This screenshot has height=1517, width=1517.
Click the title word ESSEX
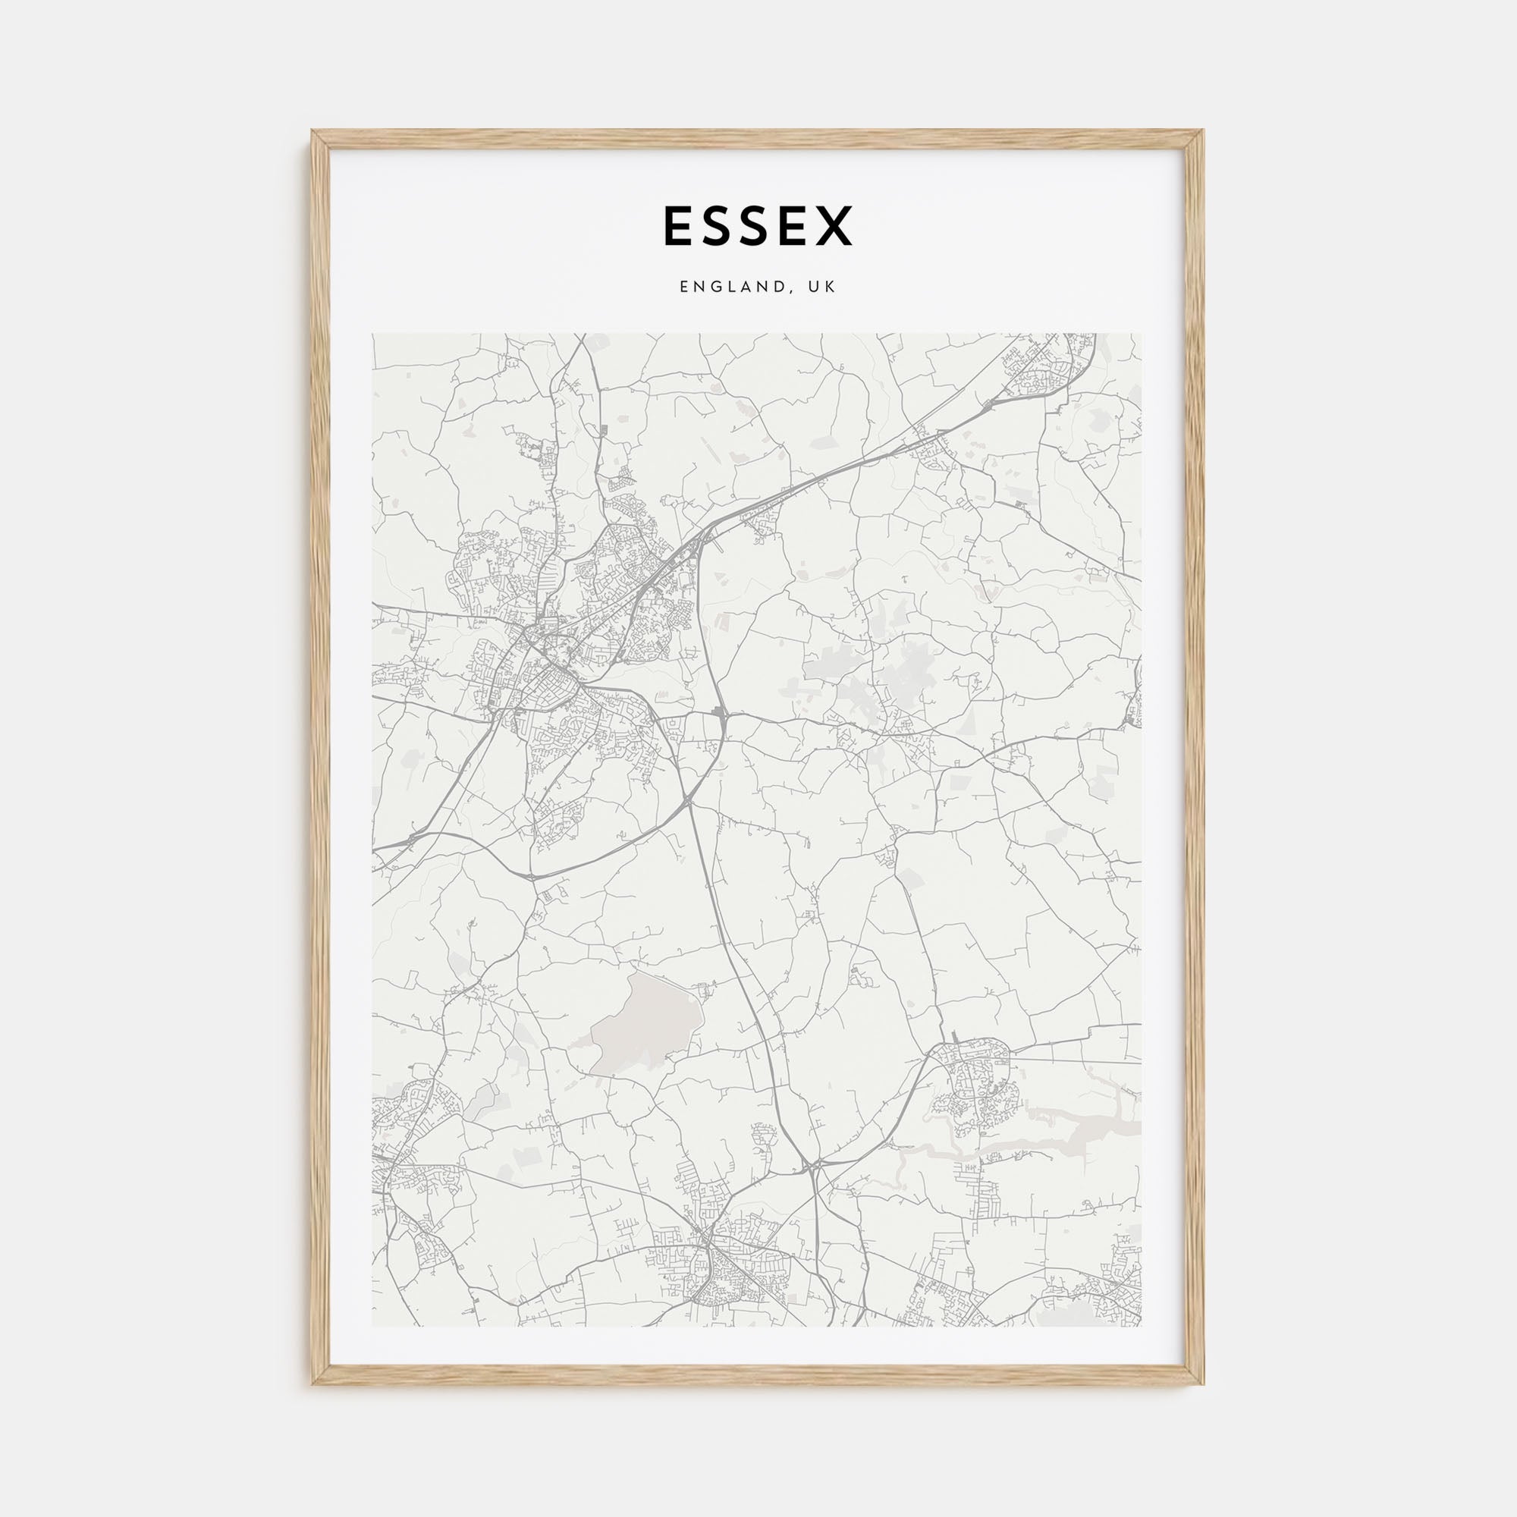pyautogui.click(x=758, y=226)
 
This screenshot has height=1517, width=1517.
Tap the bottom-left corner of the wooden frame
pyautogui.click(x=313, y=1384)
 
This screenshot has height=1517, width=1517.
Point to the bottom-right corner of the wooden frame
pyautogui.click(x=1203, y=1384)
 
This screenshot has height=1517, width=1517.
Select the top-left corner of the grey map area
pyautogui.click(x=373, y=334)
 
